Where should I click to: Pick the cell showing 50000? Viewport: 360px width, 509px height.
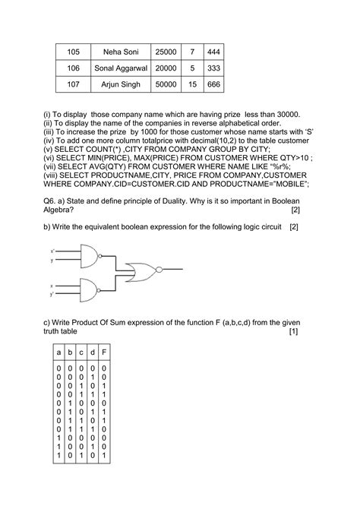[166, 84]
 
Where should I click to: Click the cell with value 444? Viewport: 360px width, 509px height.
[213, 51]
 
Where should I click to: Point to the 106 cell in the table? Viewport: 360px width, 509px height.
[73, 68]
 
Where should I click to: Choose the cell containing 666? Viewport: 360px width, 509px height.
[213, 84]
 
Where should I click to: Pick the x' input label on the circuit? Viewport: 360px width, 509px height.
[52, 251]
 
